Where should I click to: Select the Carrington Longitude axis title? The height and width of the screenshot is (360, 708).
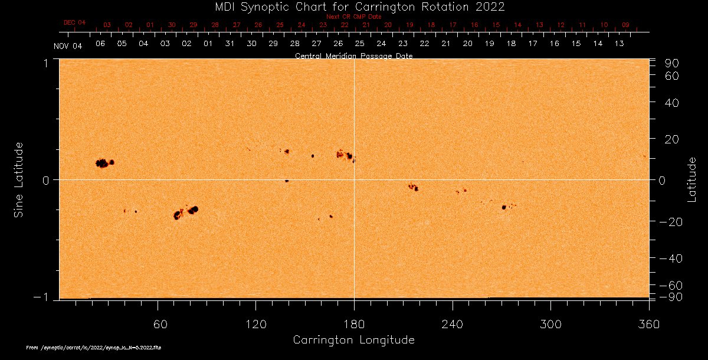[x=353, y=340]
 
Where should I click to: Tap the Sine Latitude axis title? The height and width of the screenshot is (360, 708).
[x=19, y=179]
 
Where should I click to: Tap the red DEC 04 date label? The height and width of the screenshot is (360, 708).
[x=74, y=22]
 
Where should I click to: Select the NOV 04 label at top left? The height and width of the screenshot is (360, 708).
[x=68, y=46]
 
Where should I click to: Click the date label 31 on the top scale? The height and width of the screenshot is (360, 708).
[x=230, y=44]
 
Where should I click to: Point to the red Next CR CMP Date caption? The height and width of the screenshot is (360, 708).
[x=353, y=17]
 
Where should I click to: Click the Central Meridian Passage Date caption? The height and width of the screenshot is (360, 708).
[x=353, y=55]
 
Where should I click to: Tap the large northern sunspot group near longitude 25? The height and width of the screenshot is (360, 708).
[x=104, y=163]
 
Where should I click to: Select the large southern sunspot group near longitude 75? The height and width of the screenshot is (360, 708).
[x=184, y=212]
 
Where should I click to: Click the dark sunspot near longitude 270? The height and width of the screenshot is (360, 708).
[x=504, y=207]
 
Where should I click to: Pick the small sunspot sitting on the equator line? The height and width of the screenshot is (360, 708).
[x=287, y=181]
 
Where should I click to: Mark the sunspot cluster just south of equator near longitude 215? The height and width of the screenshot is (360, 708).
[x=414, y=187]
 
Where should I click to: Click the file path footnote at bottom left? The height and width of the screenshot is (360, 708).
[x=94, y=348]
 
